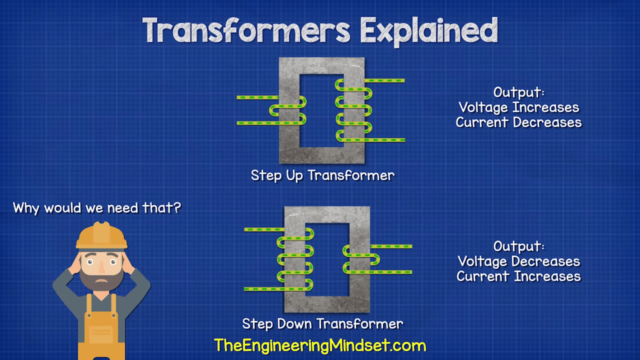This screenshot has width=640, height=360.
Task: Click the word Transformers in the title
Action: pos(246,30)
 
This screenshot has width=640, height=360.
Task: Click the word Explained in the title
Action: pos(429,31)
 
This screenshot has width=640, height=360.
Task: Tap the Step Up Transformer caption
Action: pos(322,175)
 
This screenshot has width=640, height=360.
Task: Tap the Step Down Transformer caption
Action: pos(322,324)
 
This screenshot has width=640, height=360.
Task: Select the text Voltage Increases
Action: pos(519,107)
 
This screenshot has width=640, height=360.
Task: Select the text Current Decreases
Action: pos(518,122)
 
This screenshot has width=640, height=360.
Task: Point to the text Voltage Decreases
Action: pos(519,261)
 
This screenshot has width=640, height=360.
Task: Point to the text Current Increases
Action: pos(518,276)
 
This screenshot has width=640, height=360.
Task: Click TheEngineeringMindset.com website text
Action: pos(320,345)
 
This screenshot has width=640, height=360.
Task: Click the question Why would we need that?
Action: pos(97,207)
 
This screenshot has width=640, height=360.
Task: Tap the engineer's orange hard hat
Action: pos(101,235)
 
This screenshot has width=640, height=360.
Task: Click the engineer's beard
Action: pos(101,278)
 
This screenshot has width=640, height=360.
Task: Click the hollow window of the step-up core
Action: pos(321,111)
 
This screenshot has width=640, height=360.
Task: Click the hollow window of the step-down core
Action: pos(327,259)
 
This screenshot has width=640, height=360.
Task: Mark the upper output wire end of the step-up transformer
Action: pos(404,80)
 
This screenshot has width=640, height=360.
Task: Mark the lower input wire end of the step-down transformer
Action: pos(245,289)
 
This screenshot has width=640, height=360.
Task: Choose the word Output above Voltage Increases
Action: pos(519,92)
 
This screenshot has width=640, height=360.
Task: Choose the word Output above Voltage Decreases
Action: pos(519,246)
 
